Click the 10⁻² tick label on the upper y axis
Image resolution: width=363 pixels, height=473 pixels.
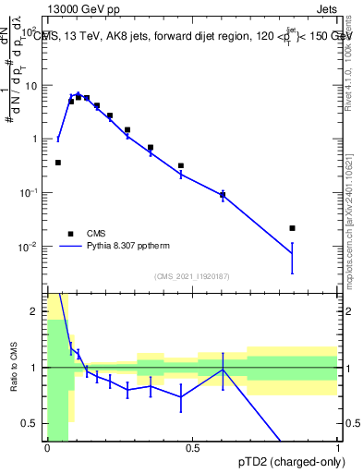pos(32,247)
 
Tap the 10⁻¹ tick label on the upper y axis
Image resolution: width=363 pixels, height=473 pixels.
pos(32,193)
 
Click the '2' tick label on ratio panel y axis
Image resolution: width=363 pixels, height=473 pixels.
pos(38,311)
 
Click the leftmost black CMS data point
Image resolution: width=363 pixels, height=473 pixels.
pos(58,163)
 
